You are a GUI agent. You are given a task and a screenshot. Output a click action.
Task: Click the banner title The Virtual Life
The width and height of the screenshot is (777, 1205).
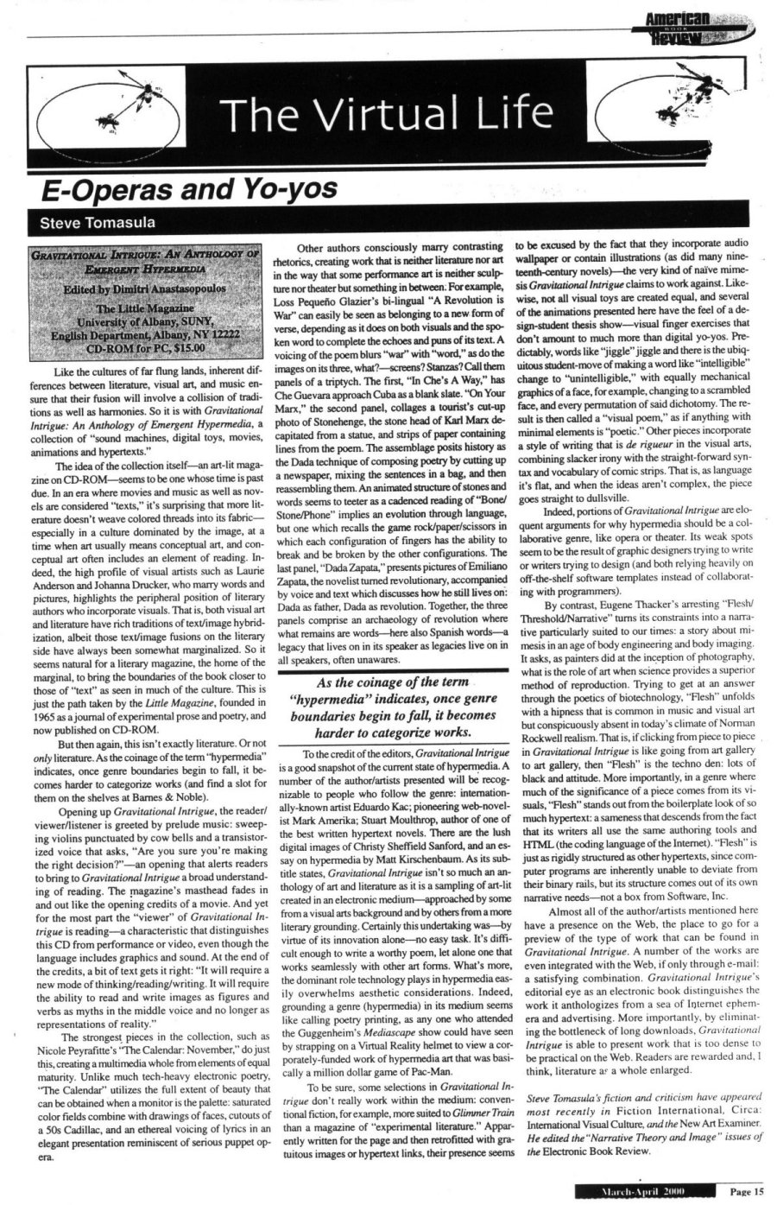pos(385,111)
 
